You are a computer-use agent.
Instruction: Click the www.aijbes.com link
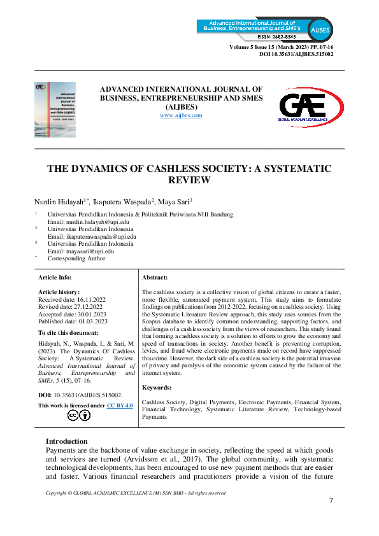pyautogui.click(x=181, y=115)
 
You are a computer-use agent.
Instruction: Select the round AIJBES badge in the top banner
pyautogui.click(x=319, y=29)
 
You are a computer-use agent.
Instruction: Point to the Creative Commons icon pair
pyautogui.click(x=79, y=416)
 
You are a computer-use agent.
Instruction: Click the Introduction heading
pyautogui.click(x=67, y=441)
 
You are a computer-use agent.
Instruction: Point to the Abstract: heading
pyautogui.click(x=155, y=278)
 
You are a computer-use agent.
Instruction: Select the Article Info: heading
pyautogui.click(x=55, y=278)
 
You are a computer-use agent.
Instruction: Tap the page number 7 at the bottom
pyautogui.click(x=331, y=500)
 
